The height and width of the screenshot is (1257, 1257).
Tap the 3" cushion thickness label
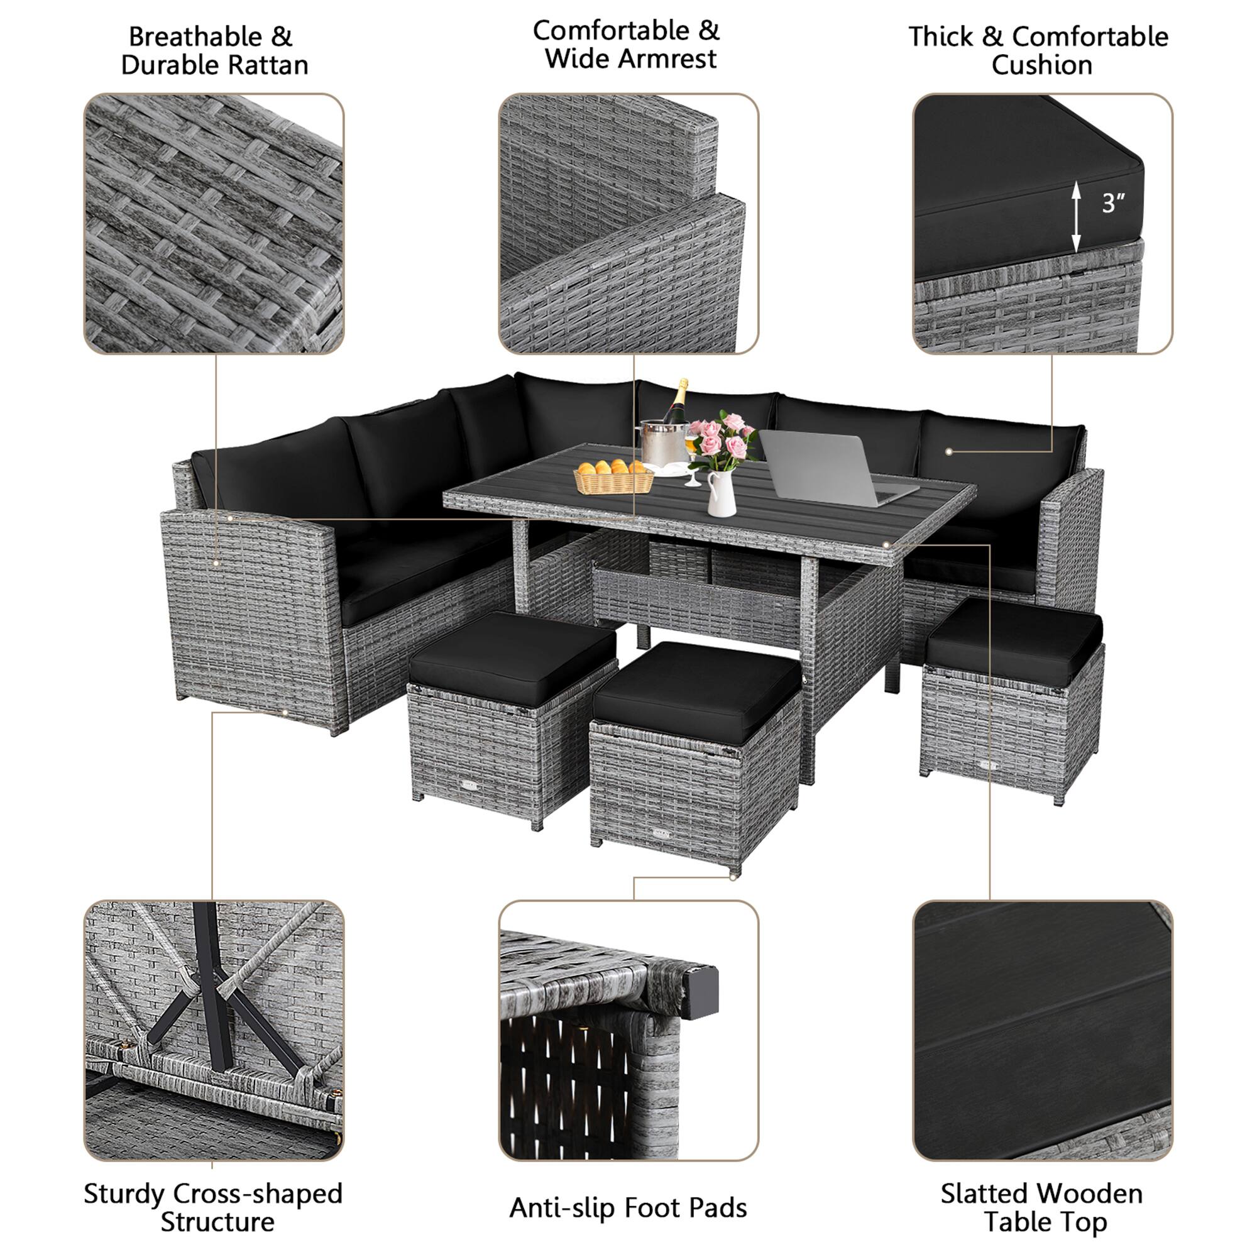tap(1112, 203)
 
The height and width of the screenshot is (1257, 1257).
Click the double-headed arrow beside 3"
tap(1076, 217)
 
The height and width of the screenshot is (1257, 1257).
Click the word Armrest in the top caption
tap(667, 59)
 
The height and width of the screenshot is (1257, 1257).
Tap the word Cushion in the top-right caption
tap(1041, 66)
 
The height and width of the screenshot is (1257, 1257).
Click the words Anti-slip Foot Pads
tap(628, 1207)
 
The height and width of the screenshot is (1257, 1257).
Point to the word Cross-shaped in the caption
tap(258, 1194)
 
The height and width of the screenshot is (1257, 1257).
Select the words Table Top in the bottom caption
tap(1045, 1222)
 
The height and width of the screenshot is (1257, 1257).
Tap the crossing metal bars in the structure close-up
tap(215, 996)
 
